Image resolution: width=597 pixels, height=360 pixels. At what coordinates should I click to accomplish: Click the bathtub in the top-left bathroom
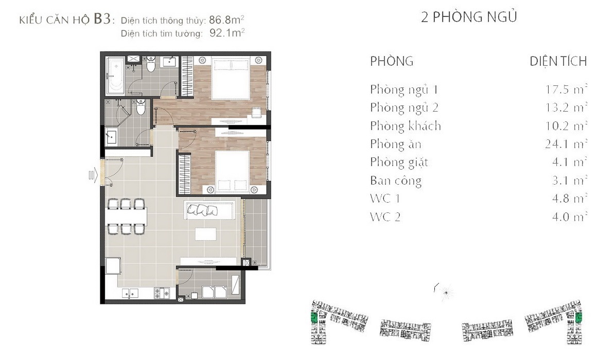[x=115, y=76]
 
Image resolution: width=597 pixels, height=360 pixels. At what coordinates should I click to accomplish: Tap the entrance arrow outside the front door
[x=93, y=175]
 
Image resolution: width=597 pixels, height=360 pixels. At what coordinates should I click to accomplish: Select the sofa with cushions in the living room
[x=209, y=210]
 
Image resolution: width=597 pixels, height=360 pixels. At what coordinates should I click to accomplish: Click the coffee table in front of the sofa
[x=205, y=234]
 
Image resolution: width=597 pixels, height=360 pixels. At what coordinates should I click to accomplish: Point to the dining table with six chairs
[x=126, y=217]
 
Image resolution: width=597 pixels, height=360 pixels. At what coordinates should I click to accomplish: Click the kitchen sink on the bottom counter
[x=130, y=293]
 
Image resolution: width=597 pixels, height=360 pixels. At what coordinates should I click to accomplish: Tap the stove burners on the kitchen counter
[x=162, y=293]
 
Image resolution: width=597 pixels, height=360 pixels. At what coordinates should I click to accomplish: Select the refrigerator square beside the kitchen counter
[x=113, y=265]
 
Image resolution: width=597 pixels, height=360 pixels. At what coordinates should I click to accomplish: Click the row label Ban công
[x=396, y=181]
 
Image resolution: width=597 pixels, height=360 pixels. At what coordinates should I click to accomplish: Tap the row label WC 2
[x=385, y=217]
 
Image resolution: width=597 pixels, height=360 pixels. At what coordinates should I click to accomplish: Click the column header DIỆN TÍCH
[x=558, y=62]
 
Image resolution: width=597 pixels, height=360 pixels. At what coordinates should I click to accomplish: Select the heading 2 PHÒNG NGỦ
[x=469, y=17]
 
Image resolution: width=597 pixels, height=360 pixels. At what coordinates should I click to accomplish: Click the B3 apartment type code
[x=102, y=19]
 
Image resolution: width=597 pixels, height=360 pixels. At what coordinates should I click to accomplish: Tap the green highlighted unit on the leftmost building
[x=314, y=317]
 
